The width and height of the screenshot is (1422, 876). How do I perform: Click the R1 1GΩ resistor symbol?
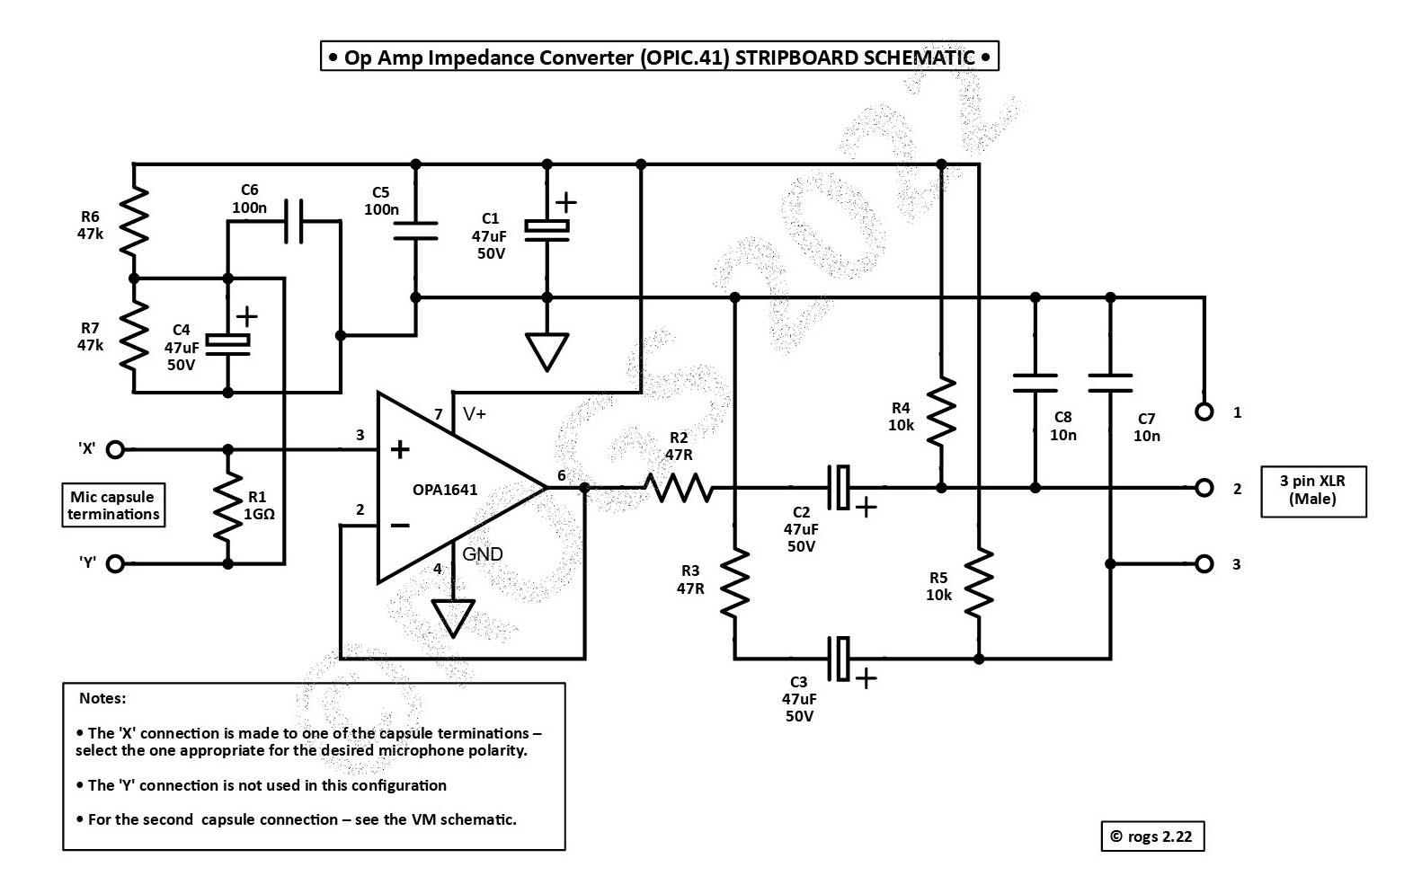point(228,507)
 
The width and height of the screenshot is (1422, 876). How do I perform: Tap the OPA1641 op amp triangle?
point(449,488)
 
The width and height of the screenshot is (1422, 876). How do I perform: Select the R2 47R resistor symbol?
point(679,488)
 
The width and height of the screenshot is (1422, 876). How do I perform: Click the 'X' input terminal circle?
point(115,448)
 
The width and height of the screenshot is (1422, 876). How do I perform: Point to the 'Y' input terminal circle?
point(115,563)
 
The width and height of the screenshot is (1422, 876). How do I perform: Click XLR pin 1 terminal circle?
point(1204,411)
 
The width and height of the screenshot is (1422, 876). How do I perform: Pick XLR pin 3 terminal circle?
point(1204,563)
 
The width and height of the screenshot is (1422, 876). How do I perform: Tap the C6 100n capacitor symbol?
point(293,221)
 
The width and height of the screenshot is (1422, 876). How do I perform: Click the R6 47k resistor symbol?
point(133,221)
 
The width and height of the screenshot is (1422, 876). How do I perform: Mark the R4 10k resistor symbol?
point(941,412)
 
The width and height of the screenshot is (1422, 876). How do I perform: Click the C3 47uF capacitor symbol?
point(840,659)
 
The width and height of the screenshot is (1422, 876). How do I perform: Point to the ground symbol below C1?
point(547,351)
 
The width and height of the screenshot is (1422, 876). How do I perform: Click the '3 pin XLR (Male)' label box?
point(1312,491)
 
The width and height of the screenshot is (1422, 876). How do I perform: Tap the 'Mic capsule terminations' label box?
point(113,506)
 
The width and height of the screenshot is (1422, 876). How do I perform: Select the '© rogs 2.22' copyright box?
point(1151,836)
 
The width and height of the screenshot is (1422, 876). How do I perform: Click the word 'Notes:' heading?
point(102,698)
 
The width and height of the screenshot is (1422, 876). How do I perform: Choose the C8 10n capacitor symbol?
point(1035,384)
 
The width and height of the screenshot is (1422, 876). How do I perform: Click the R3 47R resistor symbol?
point(734,582)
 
